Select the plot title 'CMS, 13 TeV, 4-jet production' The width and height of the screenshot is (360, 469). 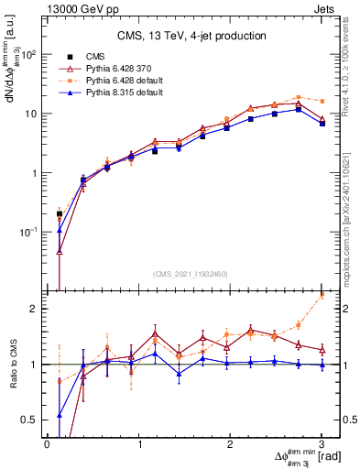tap(191, 37)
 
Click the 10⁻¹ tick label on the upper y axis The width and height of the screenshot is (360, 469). tap(28, 233)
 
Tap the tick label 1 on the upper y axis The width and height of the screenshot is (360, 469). tap(36, 173)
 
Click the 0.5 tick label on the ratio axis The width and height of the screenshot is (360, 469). tap(31, 420)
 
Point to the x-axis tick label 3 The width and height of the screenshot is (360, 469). tap(322, 444)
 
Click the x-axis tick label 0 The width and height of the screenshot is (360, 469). tap(47, 444)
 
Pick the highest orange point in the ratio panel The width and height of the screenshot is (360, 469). tap(322, 295)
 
